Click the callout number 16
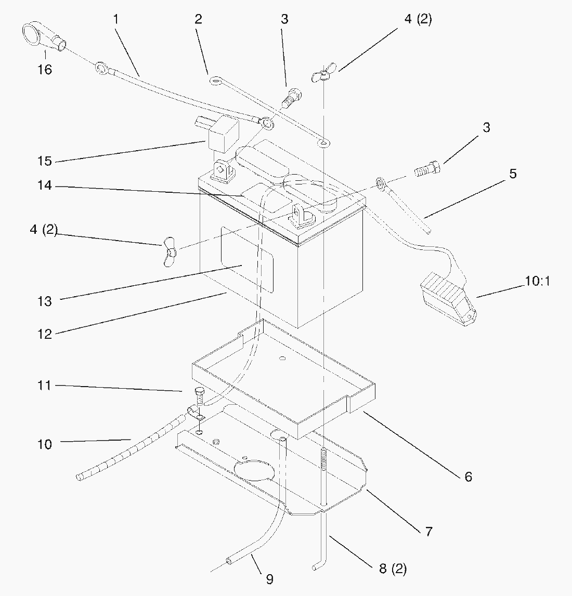[45, 69]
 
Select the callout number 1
[116, 19]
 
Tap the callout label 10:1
[537, 282]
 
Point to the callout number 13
[45, 301]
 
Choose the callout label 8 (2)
[393, 569]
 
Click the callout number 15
[45, 161]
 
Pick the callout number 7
[428, 532]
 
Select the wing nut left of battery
[168, 251]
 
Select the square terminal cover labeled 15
[220, 134]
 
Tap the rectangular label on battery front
[247, 259]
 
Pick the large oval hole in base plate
[253, 467]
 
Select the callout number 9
[269, 578]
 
